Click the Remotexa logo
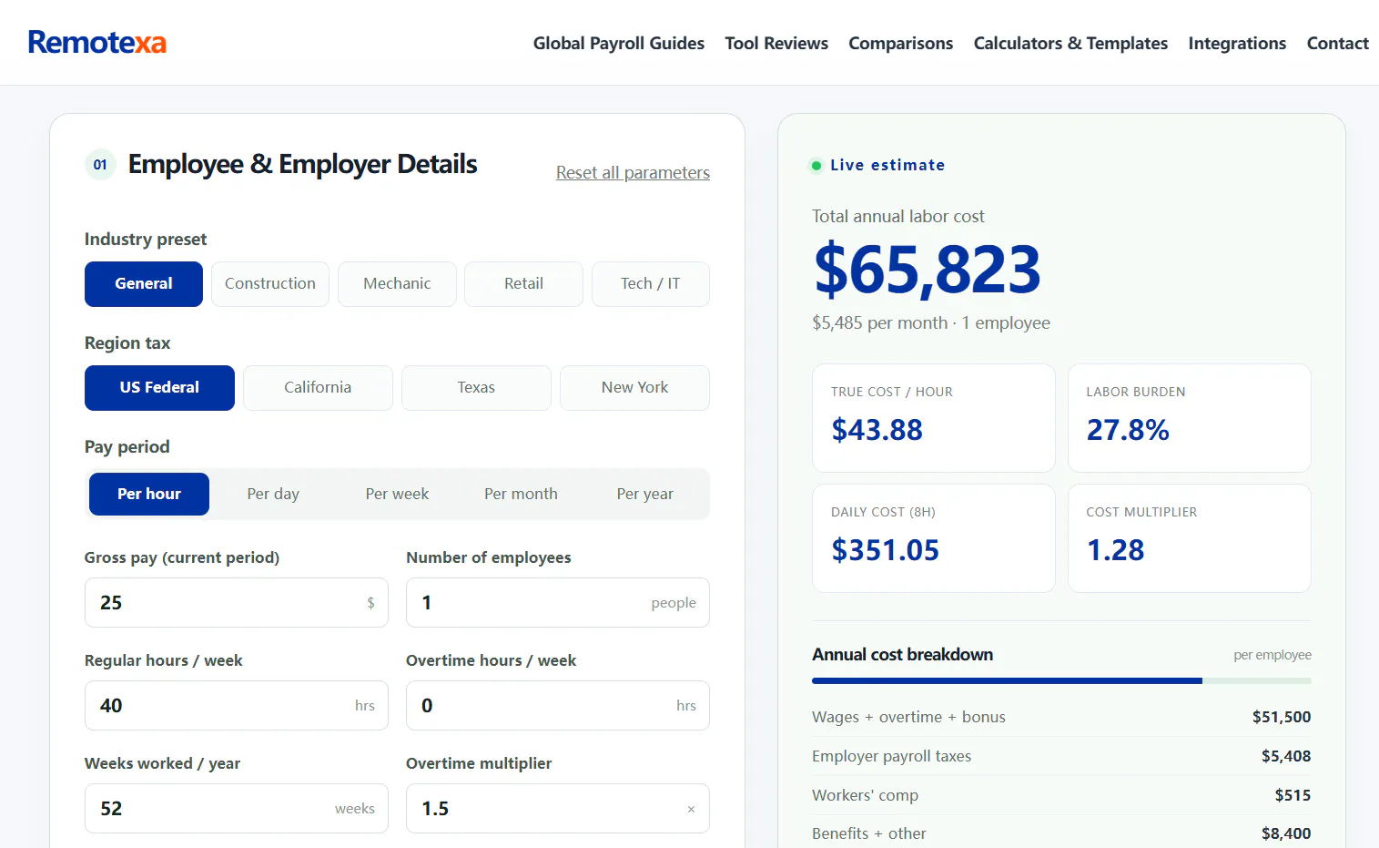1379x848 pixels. (x=97, y=43)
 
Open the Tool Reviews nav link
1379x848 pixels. (x=776, y=43)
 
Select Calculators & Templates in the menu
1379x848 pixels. (x=1070, y=43)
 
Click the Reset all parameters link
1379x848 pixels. (x=633, y=172)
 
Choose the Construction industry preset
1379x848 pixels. (x=270, y=284)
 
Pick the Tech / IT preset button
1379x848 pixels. (x=651, y=284)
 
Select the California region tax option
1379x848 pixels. (x=318, y=387)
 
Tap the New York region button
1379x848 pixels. (x=634, y=387)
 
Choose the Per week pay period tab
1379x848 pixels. (x=397, y=494)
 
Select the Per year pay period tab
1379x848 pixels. (x=644, y=494)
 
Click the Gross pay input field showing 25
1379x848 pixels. (x=237, y=602)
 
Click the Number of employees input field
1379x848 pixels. (x=558, y=602)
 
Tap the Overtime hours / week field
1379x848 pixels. (x=558, y=705)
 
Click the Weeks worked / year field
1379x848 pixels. (x=237, y=808)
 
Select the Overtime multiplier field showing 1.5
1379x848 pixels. (x=558, y=808)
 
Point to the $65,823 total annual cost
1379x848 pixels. (x=928, y=270)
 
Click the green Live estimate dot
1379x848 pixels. (x=816, y=166)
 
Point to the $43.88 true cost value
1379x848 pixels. (x=877, y=430)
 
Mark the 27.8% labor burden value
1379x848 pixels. (x=1128, y=430)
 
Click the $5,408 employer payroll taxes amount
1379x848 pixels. (x=1286, y=756)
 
